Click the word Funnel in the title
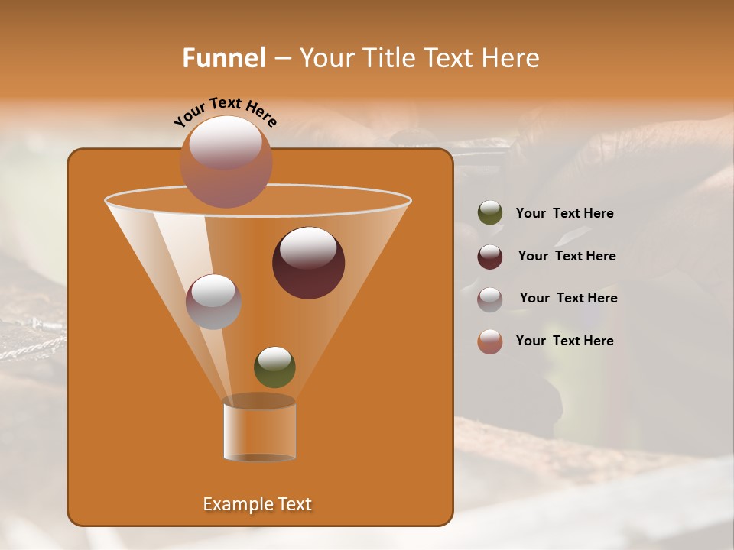coord(223,58)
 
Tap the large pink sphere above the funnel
coord(226,161)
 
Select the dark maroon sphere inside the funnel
coord(309,263)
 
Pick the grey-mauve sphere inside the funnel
coord(214,302)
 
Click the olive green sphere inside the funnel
coord(274,367)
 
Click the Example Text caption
coord(258,504)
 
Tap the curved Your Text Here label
coord(226,111)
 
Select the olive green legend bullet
coord(490,213)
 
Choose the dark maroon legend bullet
coord(490,257)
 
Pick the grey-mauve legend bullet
coord(490,299)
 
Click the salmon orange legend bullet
coord(490,341)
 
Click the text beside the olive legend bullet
coord(564,214)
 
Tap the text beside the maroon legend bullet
coord(567,257)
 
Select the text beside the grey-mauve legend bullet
coord(568,299)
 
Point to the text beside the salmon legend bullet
coord(564,341)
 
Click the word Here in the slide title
coord(511,58)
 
